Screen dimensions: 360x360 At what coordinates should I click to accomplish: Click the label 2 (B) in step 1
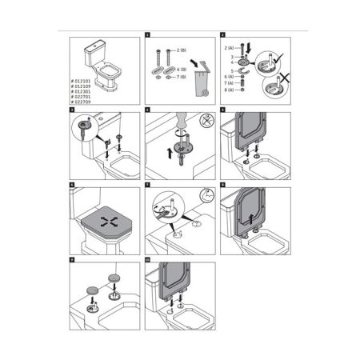coord(182,50)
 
